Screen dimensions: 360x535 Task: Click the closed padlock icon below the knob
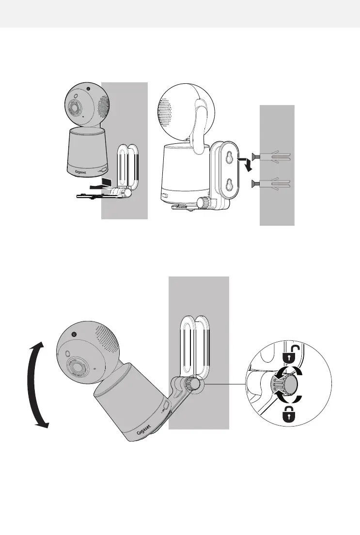[x=288, y=415]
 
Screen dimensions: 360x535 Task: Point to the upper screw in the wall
[x=271, y=155]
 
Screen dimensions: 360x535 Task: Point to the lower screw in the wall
[x=271, y=183]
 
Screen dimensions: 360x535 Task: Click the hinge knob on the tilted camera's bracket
[x=195, y=383]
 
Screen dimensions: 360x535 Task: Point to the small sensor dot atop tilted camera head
[x=74, y=335]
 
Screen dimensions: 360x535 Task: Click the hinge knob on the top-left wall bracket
[x=128, y=192]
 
